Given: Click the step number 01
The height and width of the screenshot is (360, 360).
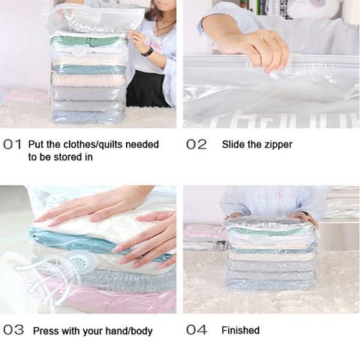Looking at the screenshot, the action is point(12,145).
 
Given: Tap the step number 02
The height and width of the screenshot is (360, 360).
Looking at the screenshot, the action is point(196,145).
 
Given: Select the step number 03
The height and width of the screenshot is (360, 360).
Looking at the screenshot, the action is point(13,330).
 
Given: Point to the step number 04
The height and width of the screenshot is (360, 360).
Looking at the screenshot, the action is point(196,330).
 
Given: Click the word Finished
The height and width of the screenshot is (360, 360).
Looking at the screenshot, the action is point(241,330).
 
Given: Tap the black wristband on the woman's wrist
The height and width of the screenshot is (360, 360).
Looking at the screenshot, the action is point(147,52).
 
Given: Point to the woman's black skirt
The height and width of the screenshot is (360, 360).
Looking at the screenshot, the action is point(148,88).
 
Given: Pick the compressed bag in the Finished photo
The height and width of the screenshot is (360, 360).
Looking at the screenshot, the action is point(271,253).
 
